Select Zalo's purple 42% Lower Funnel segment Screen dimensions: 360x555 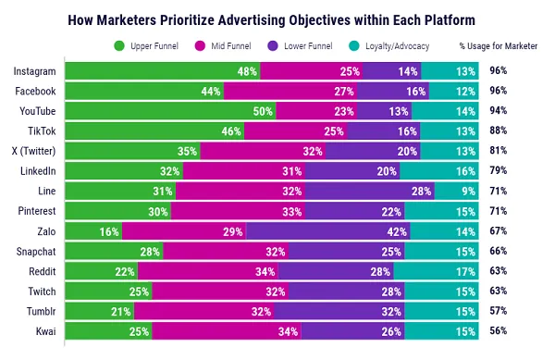[325, 230]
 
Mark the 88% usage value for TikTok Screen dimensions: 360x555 [500, 130]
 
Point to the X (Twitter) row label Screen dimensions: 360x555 [35, 151]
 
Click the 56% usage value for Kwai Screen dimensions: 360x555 [500, 330]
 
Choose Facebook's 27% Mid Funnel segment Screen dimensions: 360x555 [269, 91]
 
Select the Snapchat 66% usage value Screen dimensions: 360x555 [500, 251]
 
